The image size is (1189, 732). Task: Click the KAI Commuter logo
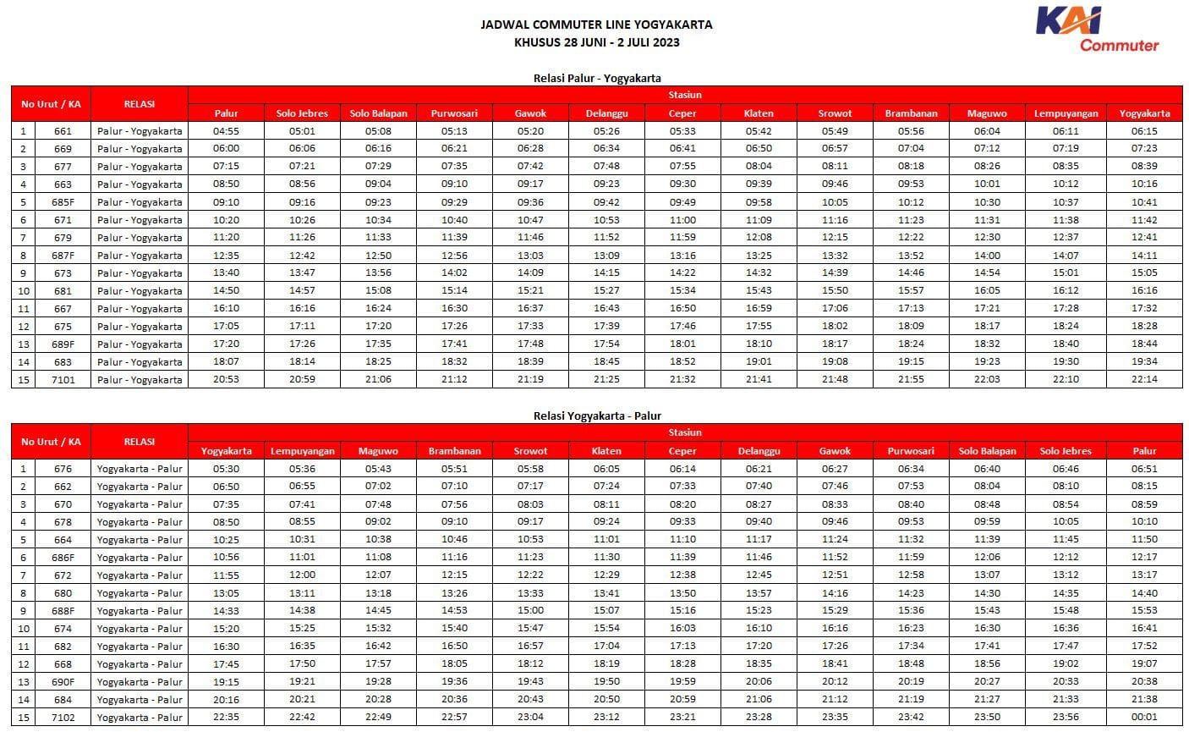(x=1097, y=29)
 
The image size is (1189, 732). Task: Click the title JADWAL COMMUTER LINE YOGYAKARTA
(x=596, y=25)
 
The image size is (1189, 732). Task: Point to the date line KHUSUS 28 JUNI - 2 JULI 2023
(x=596, y=41)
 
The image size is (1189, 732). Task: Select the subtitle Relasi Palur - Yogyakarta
(x=596, y=78)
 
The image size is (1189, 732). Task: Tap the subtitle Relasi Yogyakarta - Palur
(x=596, y=416)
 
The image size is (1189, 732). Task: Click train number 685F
(x=63, y=202)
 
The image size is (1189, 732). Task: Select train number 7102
(x=63, y=718)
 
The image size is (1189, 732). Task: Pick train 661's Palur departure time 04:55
(x=226, y=131)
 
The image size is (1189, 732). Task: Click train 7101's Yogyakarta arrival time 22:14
(x=1144, y=379)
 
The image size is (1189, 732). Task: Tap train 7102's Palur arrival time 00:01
(x=1144, y=718)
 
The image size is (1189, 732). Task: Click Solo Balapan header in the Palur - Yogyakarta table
(x=378, y=113)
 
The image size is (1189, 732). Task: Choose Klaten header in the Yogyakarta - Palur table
(x=606, y=451)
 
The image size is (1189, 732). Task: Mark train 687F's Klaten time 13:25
(x=759, y=256)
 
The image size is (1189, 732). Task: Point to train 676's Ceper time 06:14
(x=682, y=469)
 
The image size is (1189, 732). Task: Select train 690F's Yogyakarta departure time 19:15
(x=226, y=682)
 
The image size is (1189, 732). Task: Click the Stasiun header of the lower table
(x=684, y=432)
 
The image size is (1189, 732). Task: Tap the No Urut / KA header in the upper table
(x=51, y=104)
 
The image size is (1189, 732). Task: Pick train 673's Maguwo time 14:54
(x=987, y=273)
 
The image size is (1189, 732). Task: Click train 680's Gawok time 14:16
(x=835, y=593)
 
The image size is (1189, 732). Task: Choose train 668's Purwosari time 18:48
(x=911, y=664)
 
